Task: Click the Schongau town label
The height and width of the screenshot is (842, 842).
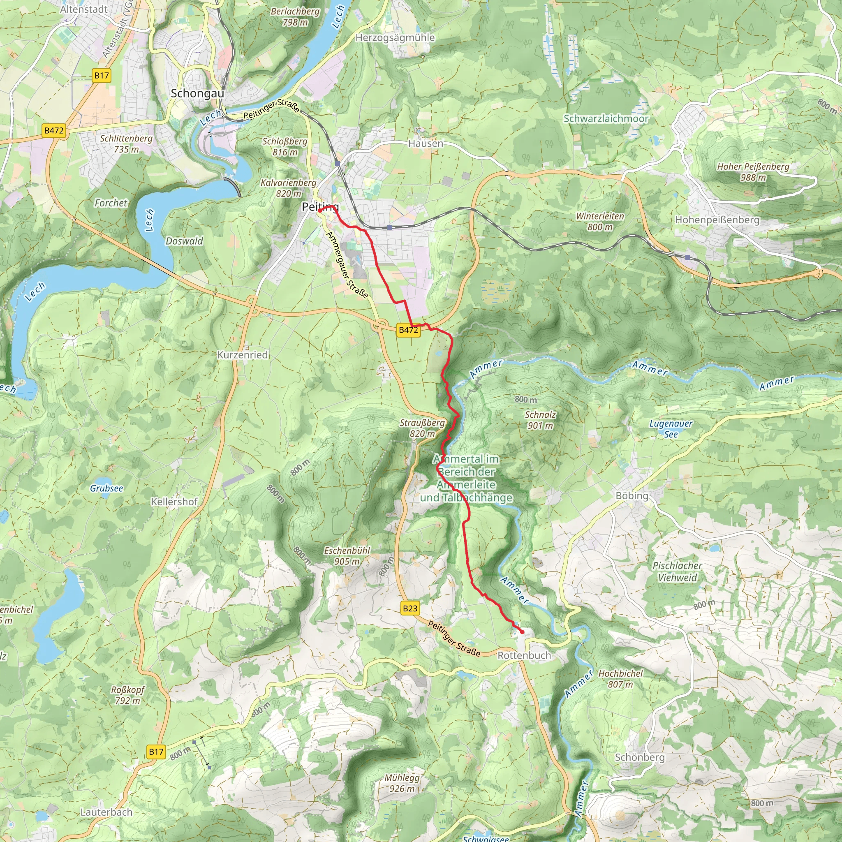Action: click(197, 93)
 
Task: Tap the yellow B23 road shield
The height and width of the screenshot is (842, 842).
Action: click(409, 608)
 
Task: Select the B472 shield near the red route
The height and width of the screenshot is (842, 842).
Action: click(408, 330)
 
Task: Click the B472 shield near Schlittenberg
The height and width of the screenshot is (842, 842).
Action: click(54, 130)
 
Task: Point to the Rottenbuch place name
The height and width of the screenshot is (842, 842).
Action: click(524, 655)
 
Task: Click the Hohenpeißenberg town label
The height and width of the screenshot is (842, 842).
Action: click(717, 220)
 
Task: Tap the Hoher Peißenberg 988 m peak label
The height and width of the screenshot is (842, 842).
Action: click(753, 172)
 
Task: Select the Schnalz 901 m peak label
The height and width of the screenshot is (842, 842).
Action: click(540, 420)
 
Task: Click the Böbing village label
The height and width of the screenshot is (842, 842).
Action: click(632, 495)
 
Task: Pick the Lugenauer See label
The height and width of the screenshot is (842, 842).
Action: click(671, 429)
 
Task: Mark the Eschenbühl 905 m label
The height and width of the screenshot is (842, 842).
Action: click(347, 556)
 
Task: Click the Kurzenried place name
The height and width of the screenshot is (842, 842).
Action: click(242, 355)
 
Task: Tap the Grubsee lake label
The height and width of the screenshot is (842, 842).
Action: click(106, 488)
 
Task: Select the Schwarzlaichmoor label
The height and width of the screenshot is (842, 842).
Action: click(606, 118)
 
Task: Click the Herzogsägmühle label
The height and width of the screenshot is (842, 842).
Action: click(395, 37)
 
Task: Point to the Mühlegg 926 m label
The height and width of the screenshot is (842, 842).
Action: click(402, 783)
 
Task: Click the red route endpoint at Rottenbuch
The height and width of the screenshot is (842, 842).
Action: click(522, 631)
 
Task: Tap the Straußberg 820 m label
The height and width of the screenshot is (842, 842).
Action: click(422, 428)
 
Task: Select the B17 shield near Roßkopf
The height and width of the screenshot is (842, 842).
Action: click(156, 752)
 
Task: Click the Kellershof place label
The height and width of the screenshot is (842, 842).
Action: click(174, 502)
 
